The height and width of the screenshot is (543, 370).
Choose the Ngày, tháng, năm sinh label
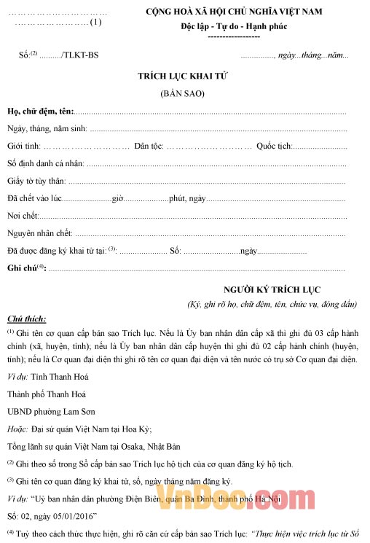pyautogui.click(x=47, y=128)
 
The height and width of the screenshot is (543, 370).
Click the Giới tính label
pyautogui.click(x=23, y=146)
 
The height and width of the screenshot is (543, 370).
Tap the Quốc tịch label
pyautogui.click(x=273, y=146)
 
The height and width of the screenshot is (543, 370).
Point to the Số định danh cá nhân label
pyautogui.click(x=45, y=163)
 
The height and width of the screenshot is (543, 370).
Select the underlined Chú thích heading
pyautogui.click(x=26, y=319)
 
